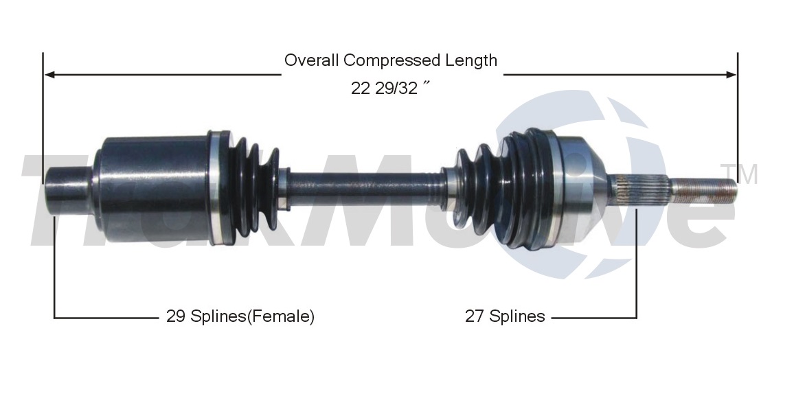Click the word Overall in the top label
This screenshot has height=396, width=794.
tap(312, 60)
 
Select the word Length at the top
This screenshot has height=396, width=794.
tap(471, 60)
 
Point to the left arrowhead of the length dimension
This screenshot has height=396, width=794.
tap(50, 75)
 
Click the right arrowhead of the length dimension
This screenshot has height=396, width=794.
tap(731, 75)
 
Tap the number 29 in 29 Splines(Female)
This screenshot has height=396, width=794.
tap(176, 316)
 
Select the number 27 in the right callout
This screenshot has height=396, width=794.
tap(475, 316)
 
